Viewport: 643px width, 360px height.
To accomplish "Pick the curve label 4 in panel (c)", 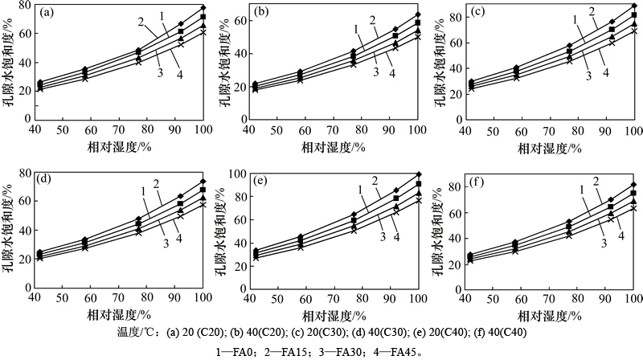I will [604, 73].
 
